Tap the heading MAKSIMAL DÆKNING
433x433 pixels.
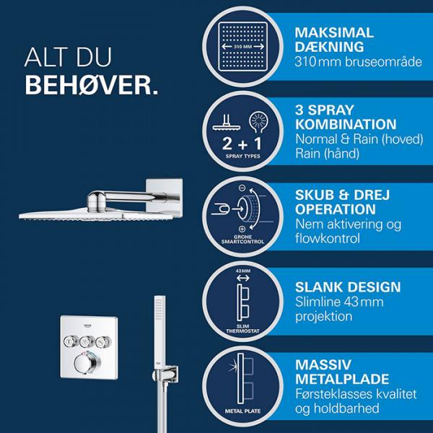point(334,40)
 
